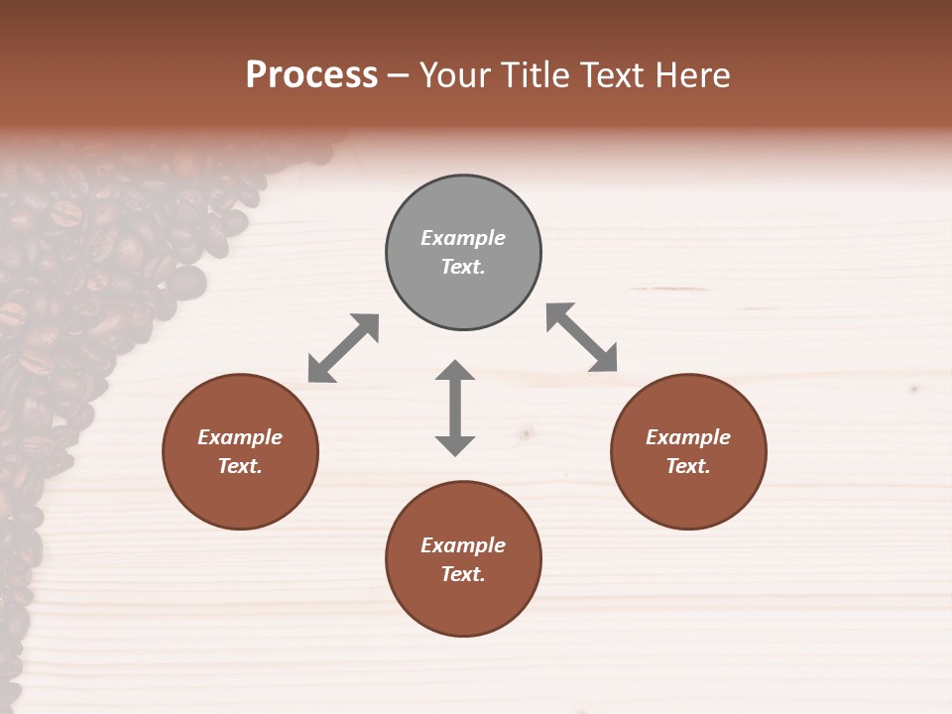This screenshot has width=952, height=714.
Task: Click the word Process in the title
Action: point(311,75)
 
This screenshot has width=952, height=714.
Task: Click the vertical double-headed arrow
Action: point(455,408)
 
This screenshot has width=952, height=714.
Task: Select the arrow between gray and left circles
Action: point(343,348)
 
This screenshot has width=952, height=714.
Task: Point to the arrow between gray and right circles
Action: point(582,337)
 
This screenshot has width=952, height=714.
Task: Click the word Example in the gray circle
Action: point(463,238)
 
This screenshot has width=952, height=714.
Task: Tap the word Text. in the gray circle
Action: point(463,267)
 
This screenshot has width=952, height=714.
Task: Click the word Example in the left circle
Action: point(240,437)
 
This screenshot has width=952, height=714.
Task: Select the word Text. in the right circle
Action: point(688,466)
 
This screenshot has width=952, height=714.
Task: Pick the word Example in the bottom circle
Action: point(463,545)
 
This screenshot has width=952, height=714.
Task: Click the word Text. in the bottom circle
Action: point(463,574)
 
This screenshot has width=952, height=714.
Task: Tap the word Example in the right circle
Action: point(688,437)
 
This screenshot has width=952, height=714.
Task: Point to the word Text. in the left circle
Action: point(240,466)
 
